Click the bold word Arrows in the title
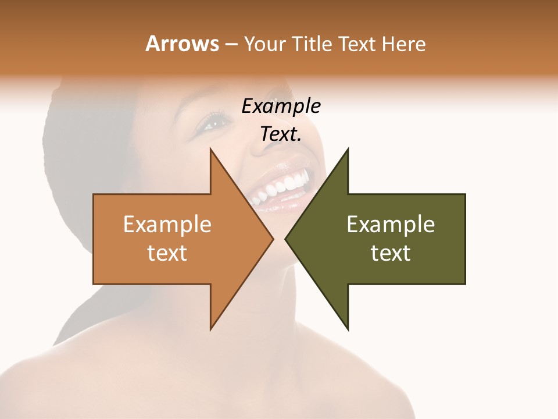point(182,44)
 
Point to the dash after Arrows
point(231,44)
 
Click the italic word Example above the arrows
point(281,106)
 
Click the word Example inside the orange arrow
point(167,224)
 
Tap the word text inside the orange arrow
point(167,253)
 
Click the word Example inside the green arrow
point(391,224)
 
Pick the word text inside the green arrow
point(391,253)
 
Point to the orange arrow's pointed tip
point(273,239)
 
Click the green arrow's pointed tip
point(286,239)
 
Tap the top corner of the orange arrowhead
point(210,150)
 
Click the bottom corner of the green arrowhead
point(348,329)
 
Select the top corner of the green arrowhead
point(348,150)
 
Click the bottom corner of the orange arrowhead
point(210,329)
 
